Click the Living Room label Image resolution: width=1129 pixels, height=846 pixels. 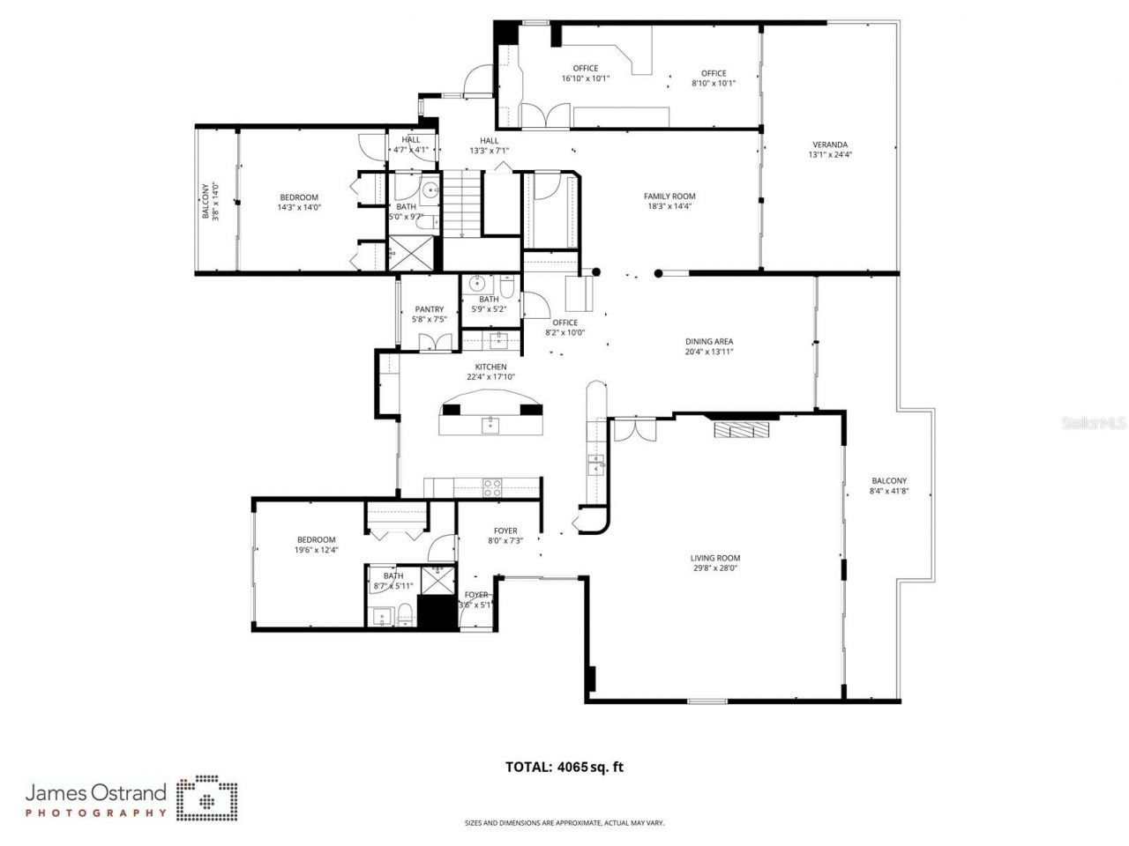pyautogui.click(x=714, y=558)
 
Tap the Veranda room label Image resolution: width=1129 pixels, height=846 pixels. pyautogui.click(x=829, y=145)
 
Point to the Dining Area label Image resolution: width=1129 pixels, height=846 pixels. pyautogui.click(x=709, y=342)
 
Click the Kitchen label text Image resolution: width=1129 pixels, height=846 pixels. pyautogui.click(x=490, y=367)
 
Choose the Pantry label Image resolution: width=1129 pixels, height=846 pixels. pyautogui.click(x=429, y=309)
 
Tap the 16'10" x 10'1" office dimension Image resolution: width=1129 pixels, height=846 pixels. pyautogui.click(x=585, y=78)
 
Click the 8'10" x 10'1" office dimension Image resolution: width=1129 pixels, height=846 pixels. pyautogui.click(x=714, y=84)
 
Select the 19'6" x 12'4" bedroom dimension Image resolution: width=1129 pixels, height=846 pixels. pyautogui.click(x=316, y=550)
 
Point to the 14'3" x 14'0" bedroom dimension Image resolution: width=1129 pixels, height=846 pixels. pyautogui.click(x=299, y=208)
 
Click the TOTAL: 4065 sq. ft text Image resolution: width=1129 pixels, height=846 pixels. pyautogui.click(x=564, y=767)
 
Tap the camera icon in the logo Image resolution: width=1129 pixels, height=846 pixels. pyautogui.click(x=207, y=798)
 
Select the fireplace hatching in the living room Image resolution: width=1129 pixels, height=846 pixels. pyautogui.click(x=741, y=429)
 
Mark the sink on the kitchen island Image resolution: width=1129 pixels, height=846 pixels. pyautogui.click(x=490, y=426)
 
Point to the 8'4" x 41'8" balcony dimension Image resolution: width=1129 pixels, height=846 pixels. pyautogui.click(x=888, y=492)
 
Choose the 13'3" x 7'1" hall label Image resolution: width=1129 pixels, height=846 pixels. pyautogui.click(x=489, y=151)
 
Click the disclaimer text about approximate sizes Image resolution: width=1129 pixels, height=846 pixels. pyautogui.click(x=564, y=823)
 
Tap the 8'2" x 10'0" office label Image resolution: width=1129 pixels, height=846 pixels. pyautogui.click(x=564, y=333)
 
